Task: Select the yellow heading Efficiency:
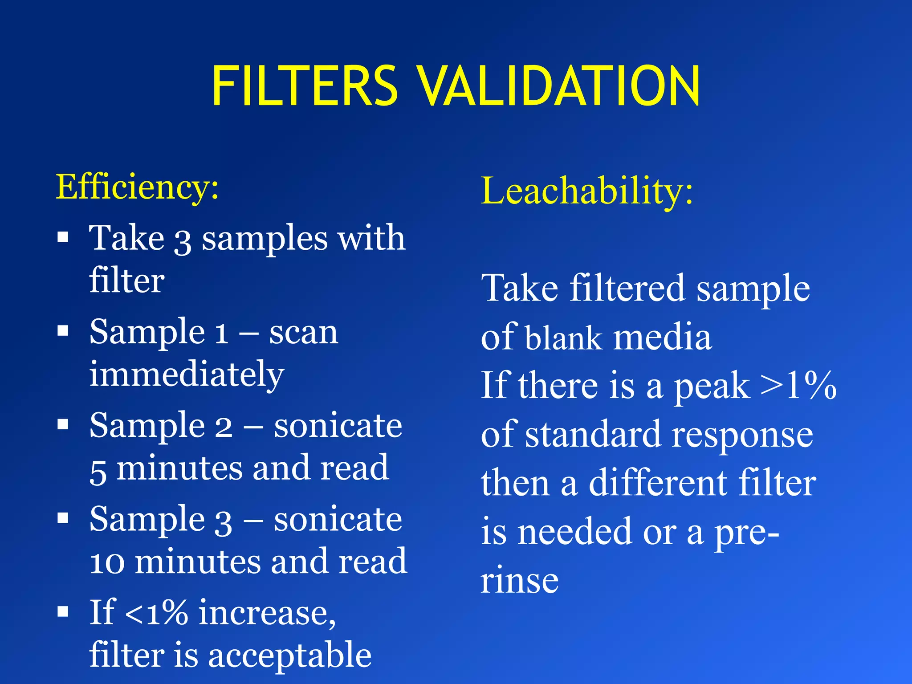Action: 137,187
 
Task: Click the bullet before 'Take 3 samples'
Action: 63,237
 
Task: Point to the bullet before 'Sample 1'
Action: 63,331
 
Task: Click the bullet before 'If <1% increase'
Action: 63,612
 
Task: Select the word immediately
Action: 187,375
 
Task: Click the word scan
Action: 304,332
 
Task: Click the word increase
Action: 267,613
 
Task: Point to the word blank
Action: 563,338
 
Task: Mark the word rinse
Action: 519,581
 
